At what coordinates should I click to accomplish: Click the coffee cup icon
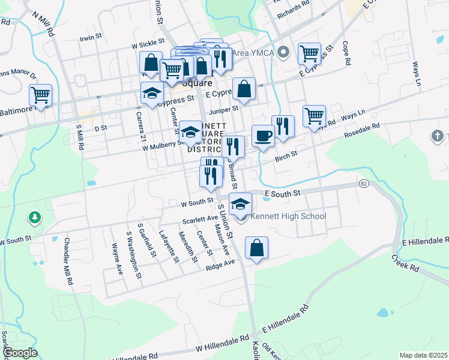tap(262, 136)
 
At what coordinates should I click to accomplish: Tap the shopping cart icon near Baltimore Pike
tap(40, 95)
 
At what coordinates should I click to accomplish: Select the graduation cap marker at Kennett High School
tap(240, 203)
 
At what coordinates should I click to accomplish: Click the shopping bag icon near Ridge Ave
tap(256, 247)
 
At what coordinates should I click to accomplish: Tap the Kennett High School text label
tap(288, 217)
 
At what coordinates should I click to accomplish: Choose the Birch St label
tap(286, 155)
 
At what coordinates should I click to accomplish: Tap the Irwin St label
tap(91, 38)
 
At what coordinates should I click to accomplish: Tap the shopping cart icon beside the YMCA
tap(309, 53)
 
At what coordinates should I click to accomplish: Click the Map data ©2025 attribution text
tap(423, 355)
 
